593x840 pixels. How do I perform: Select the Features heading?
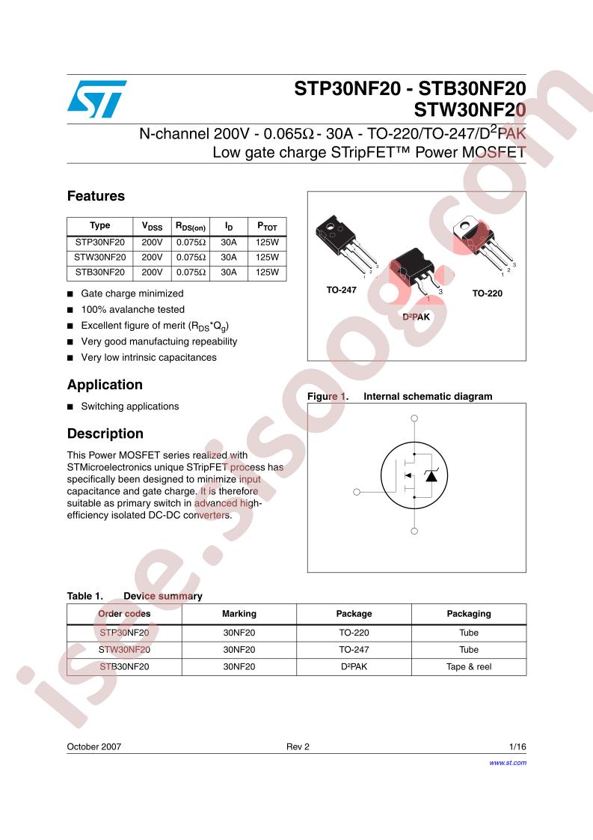pos(96,196)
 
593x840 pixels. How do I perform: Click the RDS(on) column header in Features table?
pos(191,225)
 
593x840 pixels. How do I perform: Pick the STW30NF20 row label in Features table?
pos(99,258)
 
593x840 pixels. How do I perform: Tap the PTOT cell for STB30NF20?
pos(267,273)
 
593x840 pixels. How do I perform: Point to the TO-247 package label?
pos(341,288)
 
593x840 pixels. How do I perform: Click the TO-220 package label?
pos(487,293)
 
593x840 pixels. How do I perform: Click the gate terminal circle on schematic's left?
pos(356,492)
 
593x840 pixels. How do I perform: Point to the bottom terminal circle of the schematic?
pos(414,531)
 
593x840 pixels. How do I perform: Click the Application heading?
pos(105,385)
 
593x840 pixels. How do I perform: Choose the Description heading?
pos(105,433)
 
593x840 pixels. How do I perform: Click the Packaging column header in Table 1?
pos(469,613)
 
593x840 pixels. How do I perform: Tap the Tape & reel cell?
pos(469,666)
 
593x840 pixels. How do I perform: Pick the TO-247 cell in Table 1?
pos(354,649)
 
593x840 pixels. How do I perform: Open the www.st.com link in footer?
pos(508,762)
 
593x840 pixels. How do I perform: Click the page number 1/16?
pos(517,747)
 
